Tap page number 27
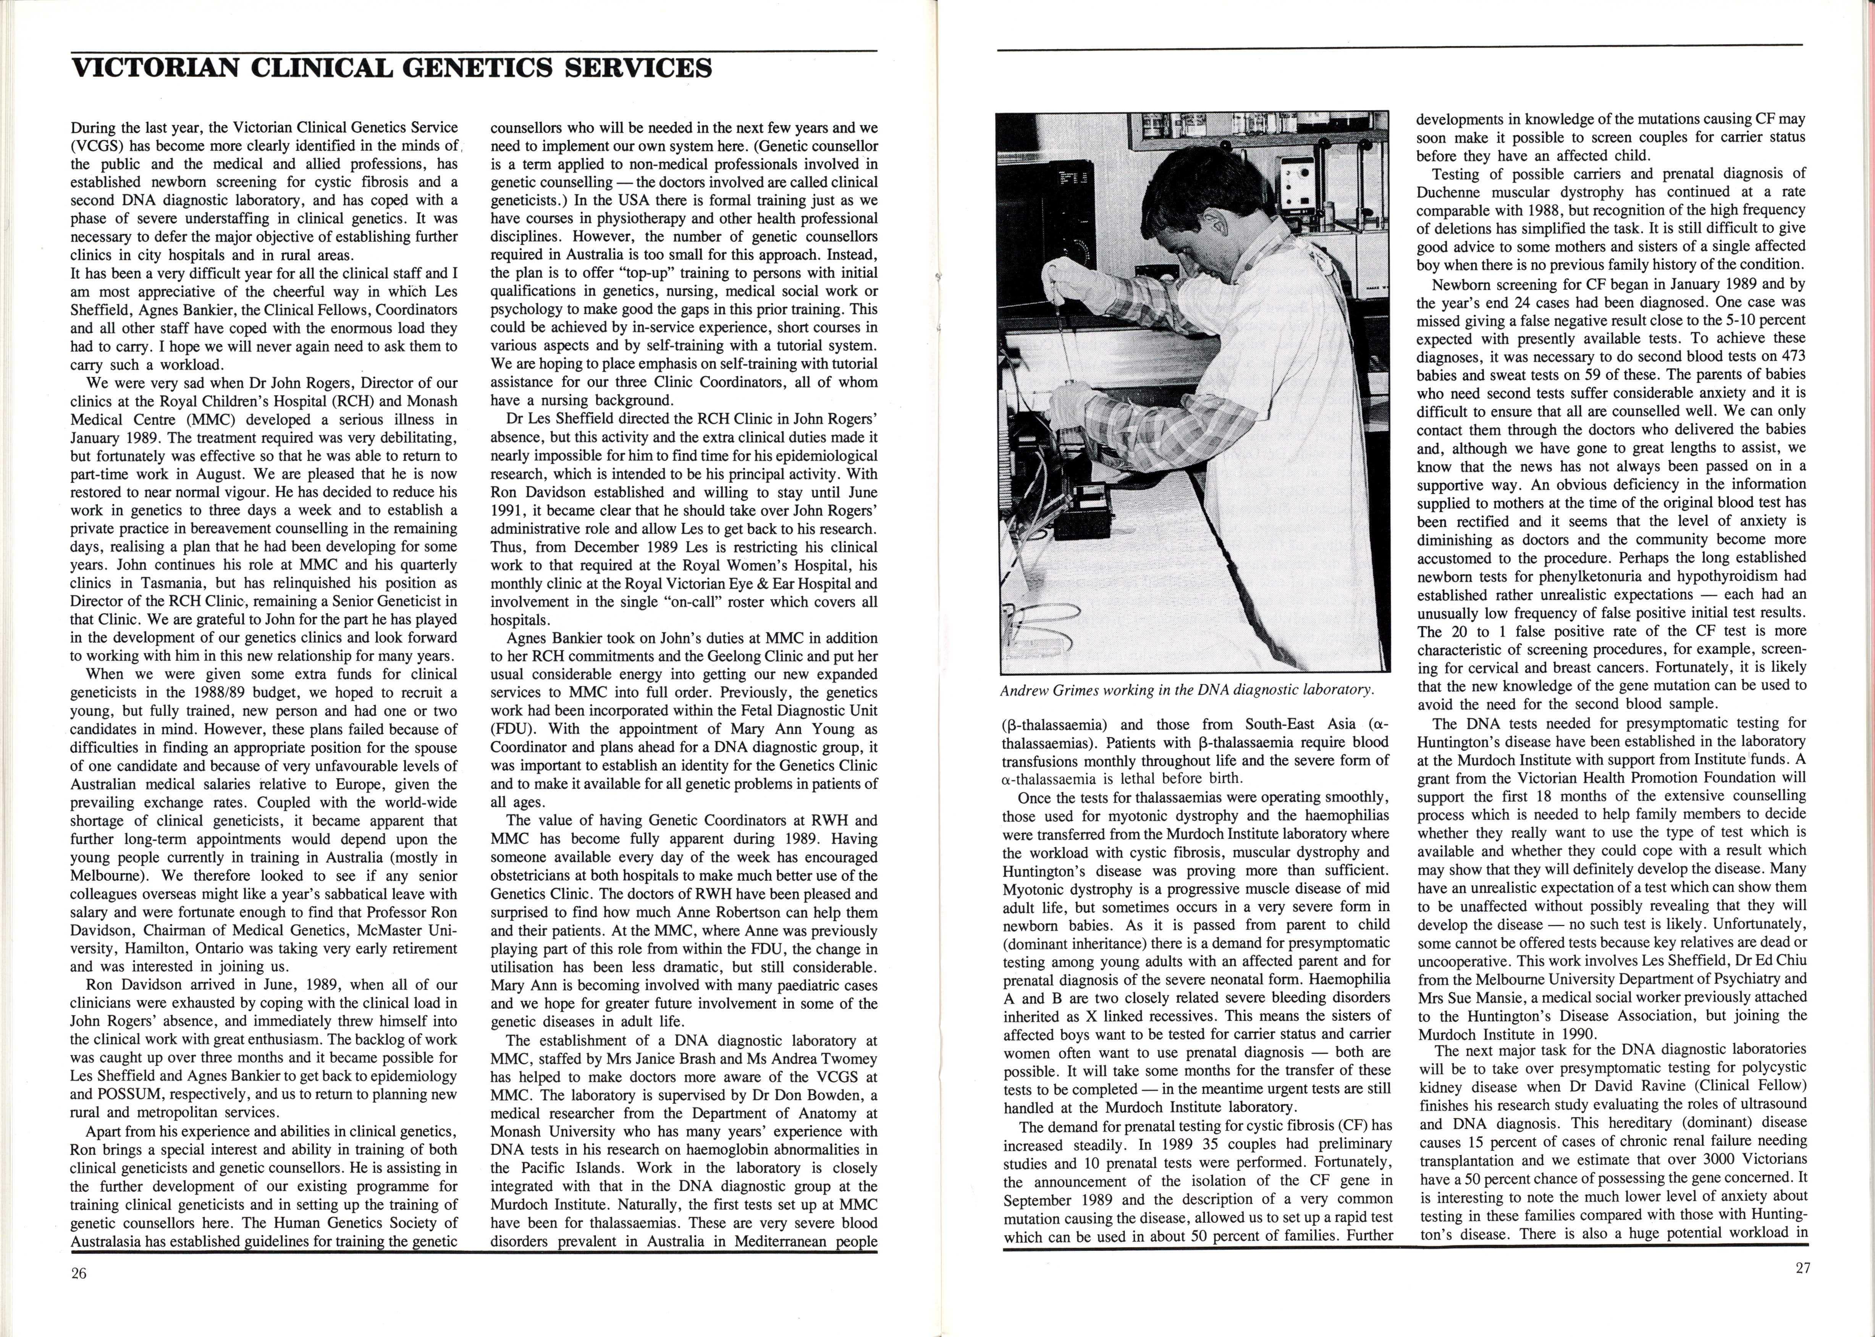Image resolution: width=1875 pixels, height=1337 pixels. coord(1802,1268)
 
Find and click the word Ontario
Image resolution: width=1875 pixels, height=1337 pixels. coord(229,949)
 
